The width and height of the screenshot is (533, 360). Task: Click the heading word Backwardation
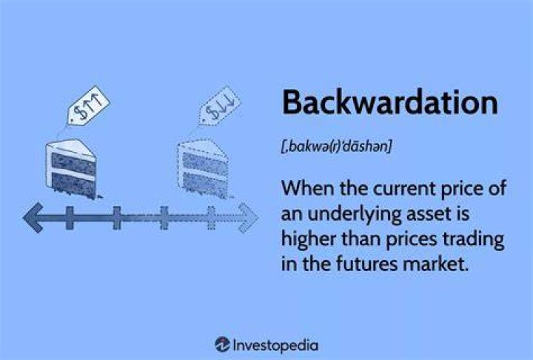tap(390, 102)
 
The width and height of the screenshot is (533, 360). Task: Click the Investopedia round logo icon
tap(222, 345)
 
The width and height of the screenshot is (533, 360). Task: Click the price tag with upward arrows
tap(88, 104)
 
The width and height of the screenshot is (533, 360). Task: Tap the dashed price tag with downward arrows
tap(219, 105)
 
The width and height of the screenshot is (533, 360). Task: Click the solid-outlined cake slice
tap(71, 169)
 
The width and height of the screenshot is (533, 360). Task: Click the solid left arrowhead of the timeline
tap(33, 218)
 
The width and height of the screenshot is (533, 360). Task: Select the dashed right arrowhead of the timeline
tap(248, 218)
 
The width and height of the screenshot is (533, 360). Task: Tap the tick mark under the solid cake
tap(70, 218)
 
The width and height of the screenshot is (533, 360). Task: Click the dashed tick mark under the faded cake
tap(211, 218)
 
